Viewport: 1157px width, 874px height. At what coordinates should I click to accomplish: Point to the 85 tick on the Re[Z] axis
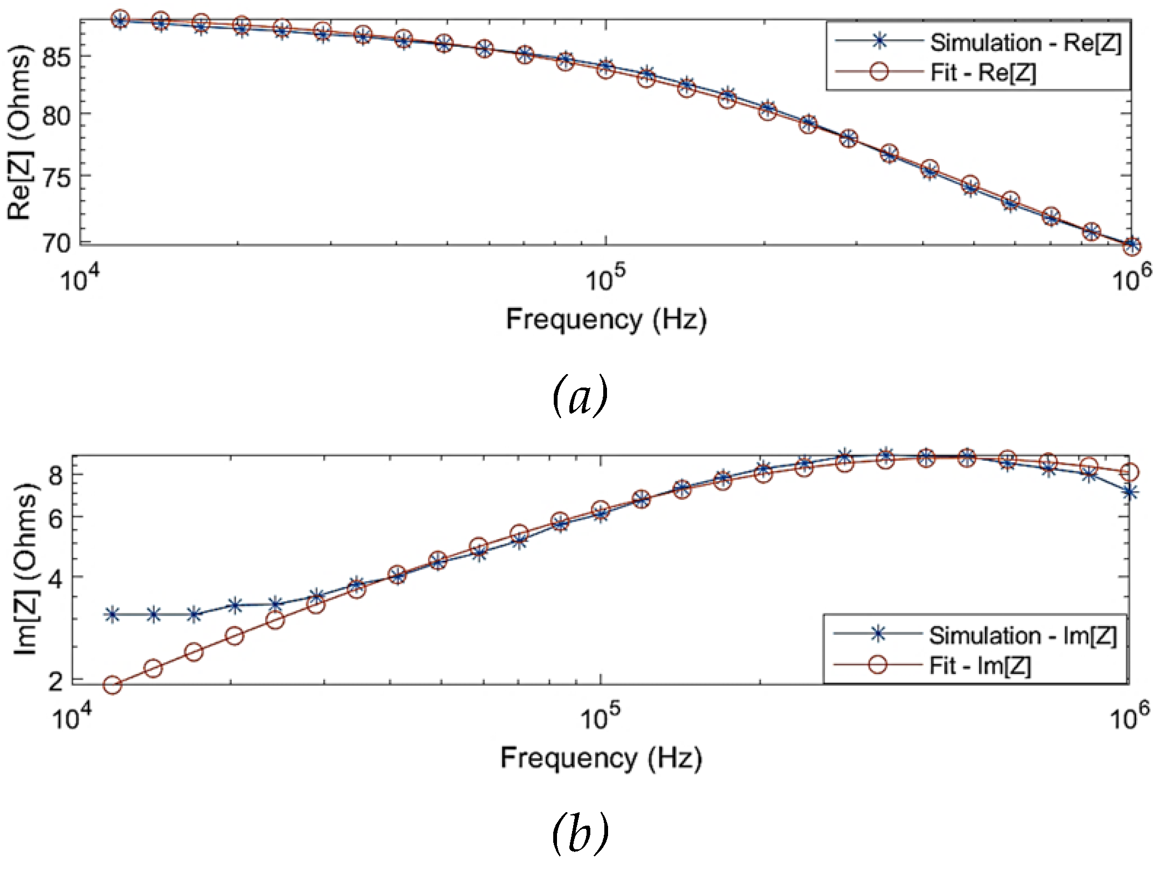(56, 57)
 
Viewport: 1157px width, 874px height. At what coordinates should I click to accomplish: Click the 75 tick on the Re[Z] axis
(56, 178)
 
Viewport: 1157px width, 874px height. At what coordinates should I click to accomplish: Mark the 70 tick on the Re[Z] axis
(56, 244)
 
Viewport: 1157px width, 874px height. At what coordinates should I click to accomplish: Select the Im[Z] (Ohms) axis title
(25, 570)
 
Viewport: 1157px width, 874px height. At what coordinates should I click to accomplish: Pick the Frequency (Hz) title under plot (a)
(606, 319)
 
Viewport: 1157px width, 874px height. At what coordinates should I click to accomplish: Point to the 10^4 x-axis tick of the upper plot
(80, 279)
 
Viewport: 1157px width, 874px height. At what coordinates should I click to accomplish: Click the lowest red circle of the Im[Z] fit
(112, 685)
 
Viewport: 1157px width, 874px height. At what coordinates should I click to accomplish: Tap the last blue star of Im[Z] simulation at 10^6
(1130, 492)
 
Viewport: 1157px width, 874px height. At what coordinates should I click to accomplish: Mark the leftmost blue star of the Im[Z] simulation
(112, 614)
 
